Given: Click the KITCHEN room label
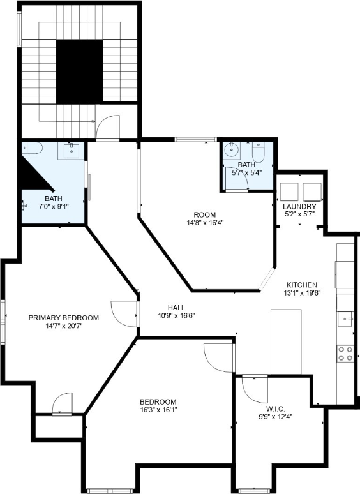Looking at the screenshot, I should pos(302,285).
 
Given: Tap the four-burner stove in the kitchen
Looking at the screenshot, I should pos(345,354).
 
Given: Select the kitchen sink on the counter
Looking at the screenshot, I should pos(345,318).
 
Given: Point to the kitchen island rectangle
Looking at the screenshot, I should pos(285,341).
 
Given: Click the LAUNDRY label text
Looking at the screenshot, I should pos(300,207).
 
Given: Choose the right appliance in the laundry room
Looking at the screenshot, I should pos(312,191).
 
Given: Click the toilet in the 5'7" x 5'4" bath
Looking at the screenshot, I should pos(258,154).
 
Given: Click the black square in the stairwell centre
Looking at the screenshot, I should pos(79,71).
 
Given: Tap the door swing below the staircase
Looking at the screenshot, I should pos(109,128).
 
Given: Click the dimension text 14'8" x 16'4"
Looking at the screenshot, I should pos(204,223).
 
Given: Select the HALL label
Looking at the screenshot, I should pos(176,307).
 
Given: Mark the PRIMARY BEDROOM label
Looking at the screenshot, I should pos(63,317).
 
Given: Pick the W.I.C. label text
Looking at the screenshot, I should pos(278,408).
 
